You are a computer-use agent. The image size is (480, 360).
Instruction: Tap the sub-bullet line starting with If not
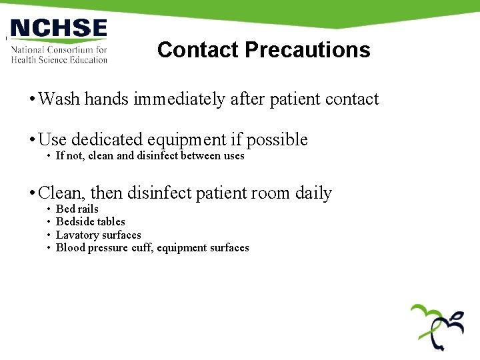[150, 156]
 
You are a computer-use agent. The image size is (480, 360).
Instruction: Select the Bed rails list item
[77, 209]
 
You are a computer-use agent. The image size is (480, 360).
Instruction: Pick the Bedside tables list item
[91, 222]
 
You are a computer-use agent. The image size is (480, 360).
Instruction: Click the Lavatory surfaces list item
[99, 235]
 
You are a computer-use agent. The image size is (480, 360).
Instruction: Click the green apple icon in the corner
[437, 326]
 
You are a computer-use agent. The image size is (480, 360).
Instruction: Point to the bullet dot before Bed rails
[49, 209]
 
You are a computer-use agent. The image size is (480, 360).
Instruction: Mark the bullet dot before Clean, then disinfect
[32, 194]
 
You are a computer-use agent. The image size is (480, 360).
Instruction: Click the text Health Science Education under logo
[59, 59]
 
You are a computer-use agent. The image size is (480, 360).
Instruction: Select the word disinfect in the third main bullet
[160, 193]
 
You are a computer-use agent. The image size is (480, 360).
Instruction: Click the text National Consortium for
[59, 49]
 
